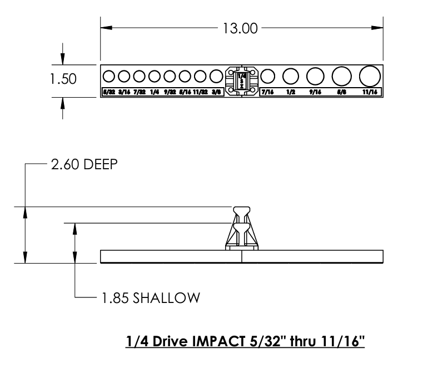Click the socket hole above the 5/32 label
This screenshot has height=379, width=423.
[108, 76]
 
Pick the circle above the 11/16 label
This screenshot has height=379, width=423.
[370, 75]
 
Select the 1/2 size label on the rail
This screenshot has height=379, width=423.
[290, 93]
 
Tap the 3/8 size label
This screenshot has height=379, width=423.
[216, 93]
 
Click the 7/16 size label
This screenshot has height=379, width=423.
[267, 93]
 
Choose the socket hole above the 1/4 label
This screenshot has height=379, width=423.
[155, 76]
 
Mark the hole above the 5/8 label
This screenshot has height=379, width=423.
[341, 75]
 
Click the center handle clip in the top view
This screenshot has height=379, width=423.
[242, 80]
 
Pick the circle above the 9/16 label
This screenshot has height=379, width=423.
[315, 75]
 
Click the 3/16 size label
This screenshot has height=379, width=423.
[123, 93]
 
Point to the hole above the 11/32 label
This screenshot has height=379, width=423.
[201, 76]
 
